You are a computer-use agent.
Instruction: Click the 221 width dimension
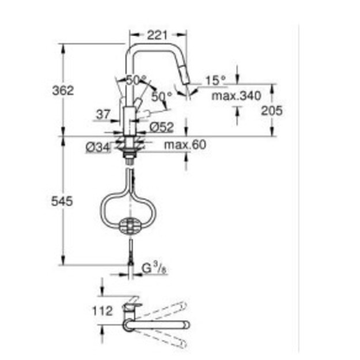[x=157, y=35]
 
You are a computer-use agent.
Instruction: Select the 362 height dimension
[x=63, y=90]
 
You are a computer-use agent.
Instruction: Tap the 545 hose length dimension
[x=62, y=202]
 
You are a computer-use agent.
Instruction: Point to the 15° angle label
[x=215, y=81]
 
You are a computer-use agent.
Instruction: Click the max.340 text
[x=236, y=96]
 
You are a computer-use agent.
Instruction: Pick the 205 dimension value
[x=272, y=111]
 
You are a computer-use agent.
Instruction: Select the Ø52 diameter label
[x=162, y=127]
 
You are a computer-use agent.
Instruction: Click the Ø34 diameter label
[x=98, y=147]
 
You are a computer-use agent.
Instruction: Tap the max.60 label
[x=185, y=145]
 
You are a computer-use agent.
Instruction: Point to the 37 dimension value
[x=103, y=114]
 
